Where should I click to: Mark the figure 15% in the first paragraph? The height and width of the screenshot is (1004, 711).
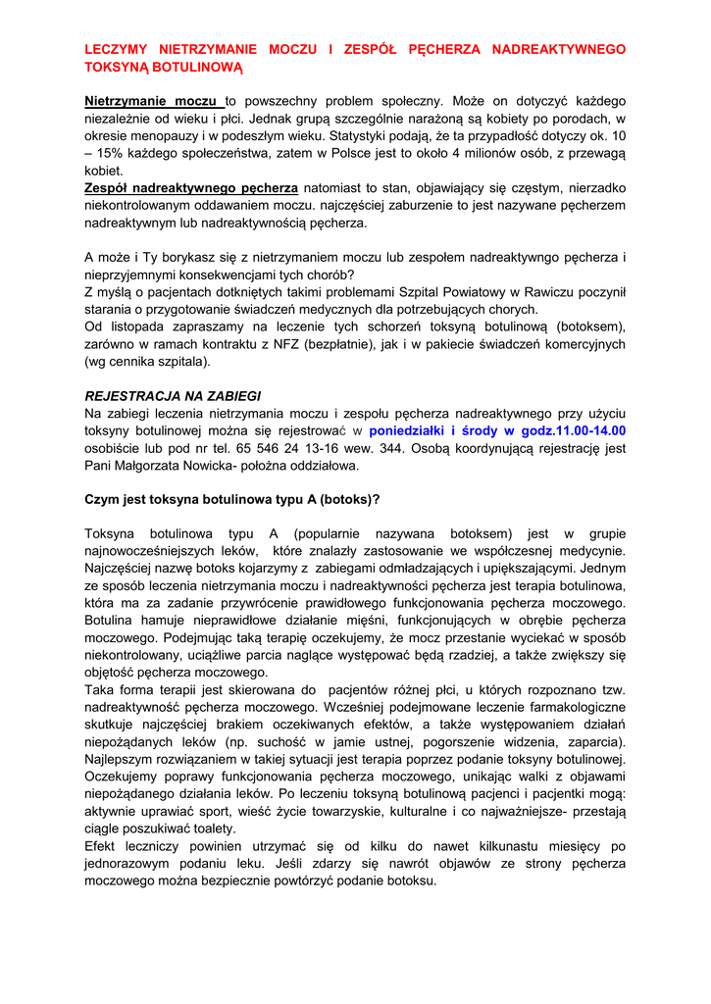click(x=116, y=153)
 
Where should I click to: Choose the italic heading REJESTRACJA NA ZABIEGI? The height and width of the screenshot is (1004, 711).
click(x=173, y=396)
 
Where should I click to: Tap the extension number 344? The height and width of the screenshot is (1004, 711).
click(x=417, y=448)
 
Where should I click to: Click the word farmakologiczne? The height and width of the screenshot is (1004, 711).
click(x=571, y=706)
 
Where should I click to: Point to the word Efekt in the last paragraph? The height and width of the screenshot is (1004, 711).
click(x=101, y=845)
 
